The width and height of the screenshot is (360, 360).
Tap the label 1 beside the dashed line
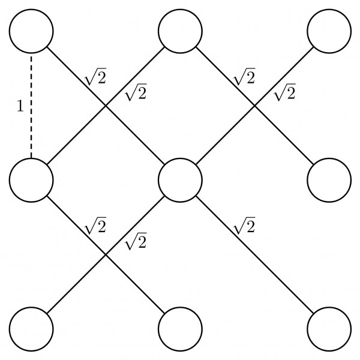coord(20,107)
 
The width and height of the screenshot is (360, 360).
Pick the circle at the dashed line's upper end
coord(31,30)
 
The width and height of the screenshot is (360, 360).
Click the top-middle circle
coord(180,30)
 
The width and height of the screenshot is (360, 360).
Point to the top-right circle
coord(329,30)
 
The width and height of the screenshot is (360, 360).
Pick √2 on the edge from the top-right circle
coord(284,93)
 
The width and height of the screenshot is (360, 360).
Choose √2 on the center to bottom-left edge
coord(134,242)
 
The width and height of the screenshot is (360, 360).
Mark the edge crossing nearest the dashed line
coord(106,105)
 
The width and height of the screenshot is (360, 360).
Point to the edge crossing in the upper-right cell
coord(254,105)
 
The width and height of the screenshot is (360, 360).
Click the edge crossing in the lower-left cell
coord(106,255)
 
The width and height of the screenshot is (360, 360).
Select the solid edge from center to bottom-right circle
coord(264,265)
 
